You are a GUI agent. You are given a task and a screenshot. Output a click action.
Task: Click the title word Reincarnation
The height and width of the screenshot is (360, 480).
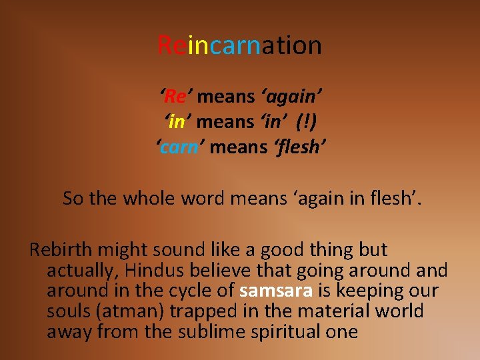(x=240, y=45)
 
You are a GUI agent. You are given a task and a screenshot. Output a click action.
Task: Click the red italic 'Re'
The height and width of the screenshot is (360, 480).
(x=175, y=97)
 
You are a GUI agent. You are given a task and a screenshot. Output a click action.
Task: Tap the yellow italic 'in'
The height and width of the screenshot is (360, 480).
(x=177, y=121)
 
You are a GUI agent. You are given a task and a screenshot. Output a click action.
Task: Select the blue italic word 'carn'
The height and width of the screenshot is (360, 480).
(x=179, y=146)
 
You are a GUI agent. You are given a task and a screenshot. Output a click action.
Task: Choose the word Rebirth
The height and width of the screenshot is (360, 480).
(x=61, y=250)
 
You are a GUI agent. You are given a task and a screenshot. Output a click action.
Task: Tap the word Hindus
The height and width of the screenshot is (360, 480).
(x=153, y=271)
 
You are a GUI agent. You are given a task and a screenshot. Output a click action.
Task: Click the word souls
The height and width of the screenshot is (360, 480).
(x=69, y=311)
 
